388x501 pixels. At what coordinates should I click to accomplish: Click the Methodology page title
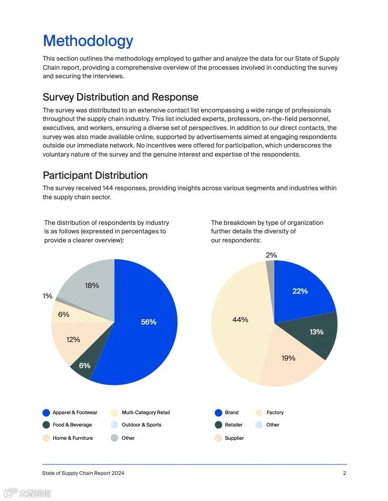pos(88,41)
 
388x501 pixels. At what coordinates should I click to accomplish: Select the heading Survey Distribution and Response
pos(120,97)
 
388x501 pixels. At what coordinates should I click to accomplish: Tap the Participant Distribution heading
pos(95,176)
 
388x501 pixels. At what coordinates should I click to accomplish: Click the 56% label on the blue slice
pos(149,322)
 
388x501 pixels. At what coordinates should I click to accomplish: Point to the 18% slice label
pos(92,286)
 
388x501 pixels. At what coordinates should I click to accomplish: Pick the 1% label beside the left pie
pos(48,296)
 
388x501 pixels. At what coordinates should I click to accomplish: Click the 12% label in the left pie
pos(73,340)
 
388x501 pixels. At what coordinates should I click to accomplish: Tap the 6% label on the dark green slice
pos(85,366)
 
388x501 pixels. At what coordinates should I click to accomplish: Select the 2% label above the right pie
pos(271,255)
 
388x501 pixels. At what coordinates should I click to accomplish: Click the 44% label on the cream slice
pos(240,320)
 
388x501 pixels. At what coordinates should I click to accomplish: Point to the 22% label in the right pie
pos(300,291)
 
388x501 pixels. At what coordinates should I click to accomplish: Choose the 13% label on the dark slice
pos(316,332)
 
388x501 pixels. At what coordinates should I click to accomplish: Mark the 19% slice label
pos(288,358)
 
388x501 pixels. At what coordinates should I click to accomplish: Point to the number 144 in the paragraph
pos(108,188)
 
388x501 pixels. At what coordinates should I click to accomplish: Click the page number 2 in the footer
pos(345,473)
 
